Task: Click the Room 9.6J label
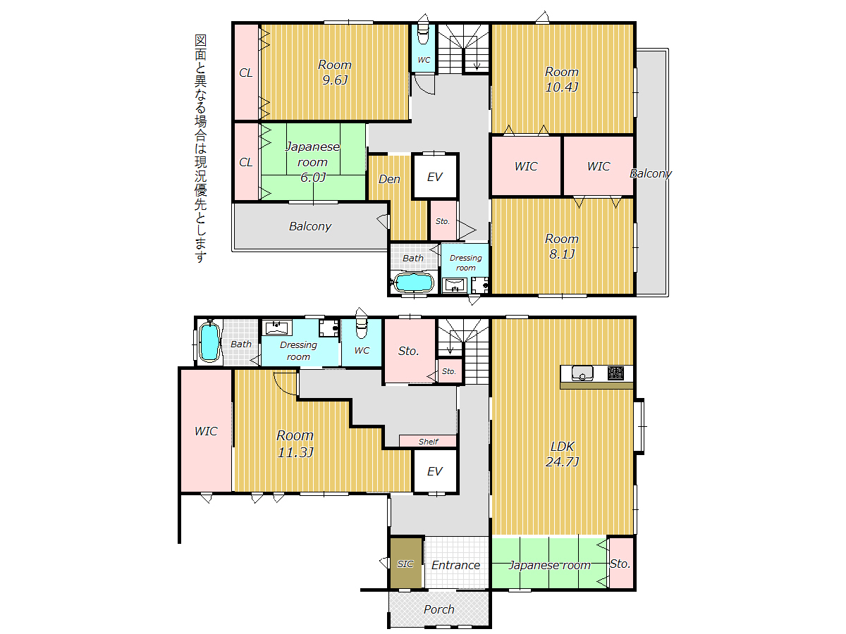click(x=334, y=72)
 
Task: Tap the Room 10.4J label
click(x=561, y=80)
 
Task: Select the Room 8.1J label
click(x=561, y=247)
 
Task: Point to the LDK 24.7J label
click(x=562, y=454)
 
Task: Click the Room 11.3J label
click(x=295, y=444)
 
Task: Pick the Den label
click(x=389, y=179)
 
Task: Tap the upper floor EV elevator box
click(x=435, y=176)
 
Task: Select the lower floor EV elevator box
click(x=435, y=471)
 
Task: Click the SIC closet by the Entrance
click(x=405, y=563)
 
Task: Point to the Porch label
click(x=439, y=609)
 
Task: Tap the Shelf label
click(x=428, y=442)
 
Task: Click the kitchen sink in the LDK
click(x=582, y=373)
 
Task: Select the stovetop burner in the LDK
click(x=615, y=373)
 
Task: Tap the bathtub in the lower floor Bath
click(x=209, y=342)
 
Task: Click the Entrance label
click(x=455, y=565)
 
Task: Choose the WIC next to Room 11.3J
click(x=206, y=430)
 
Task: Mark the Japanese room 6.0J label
click(x=312, y=162)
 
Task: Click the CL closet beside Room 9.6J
click(x=246, y=72)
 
